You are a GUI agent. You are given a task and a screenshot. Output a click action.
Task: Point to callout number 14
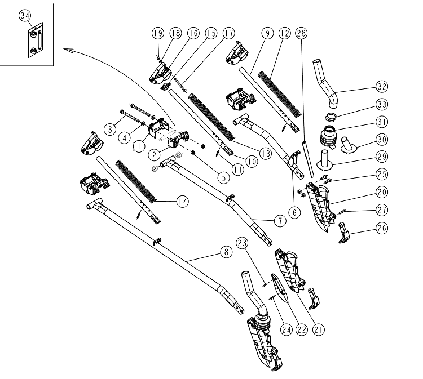(182, 200)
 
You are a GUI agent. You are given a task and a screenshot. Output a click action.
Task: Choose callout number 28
(302, 33)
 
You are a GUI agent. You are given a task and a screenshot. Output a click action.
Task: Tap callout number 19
(158, 33)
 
